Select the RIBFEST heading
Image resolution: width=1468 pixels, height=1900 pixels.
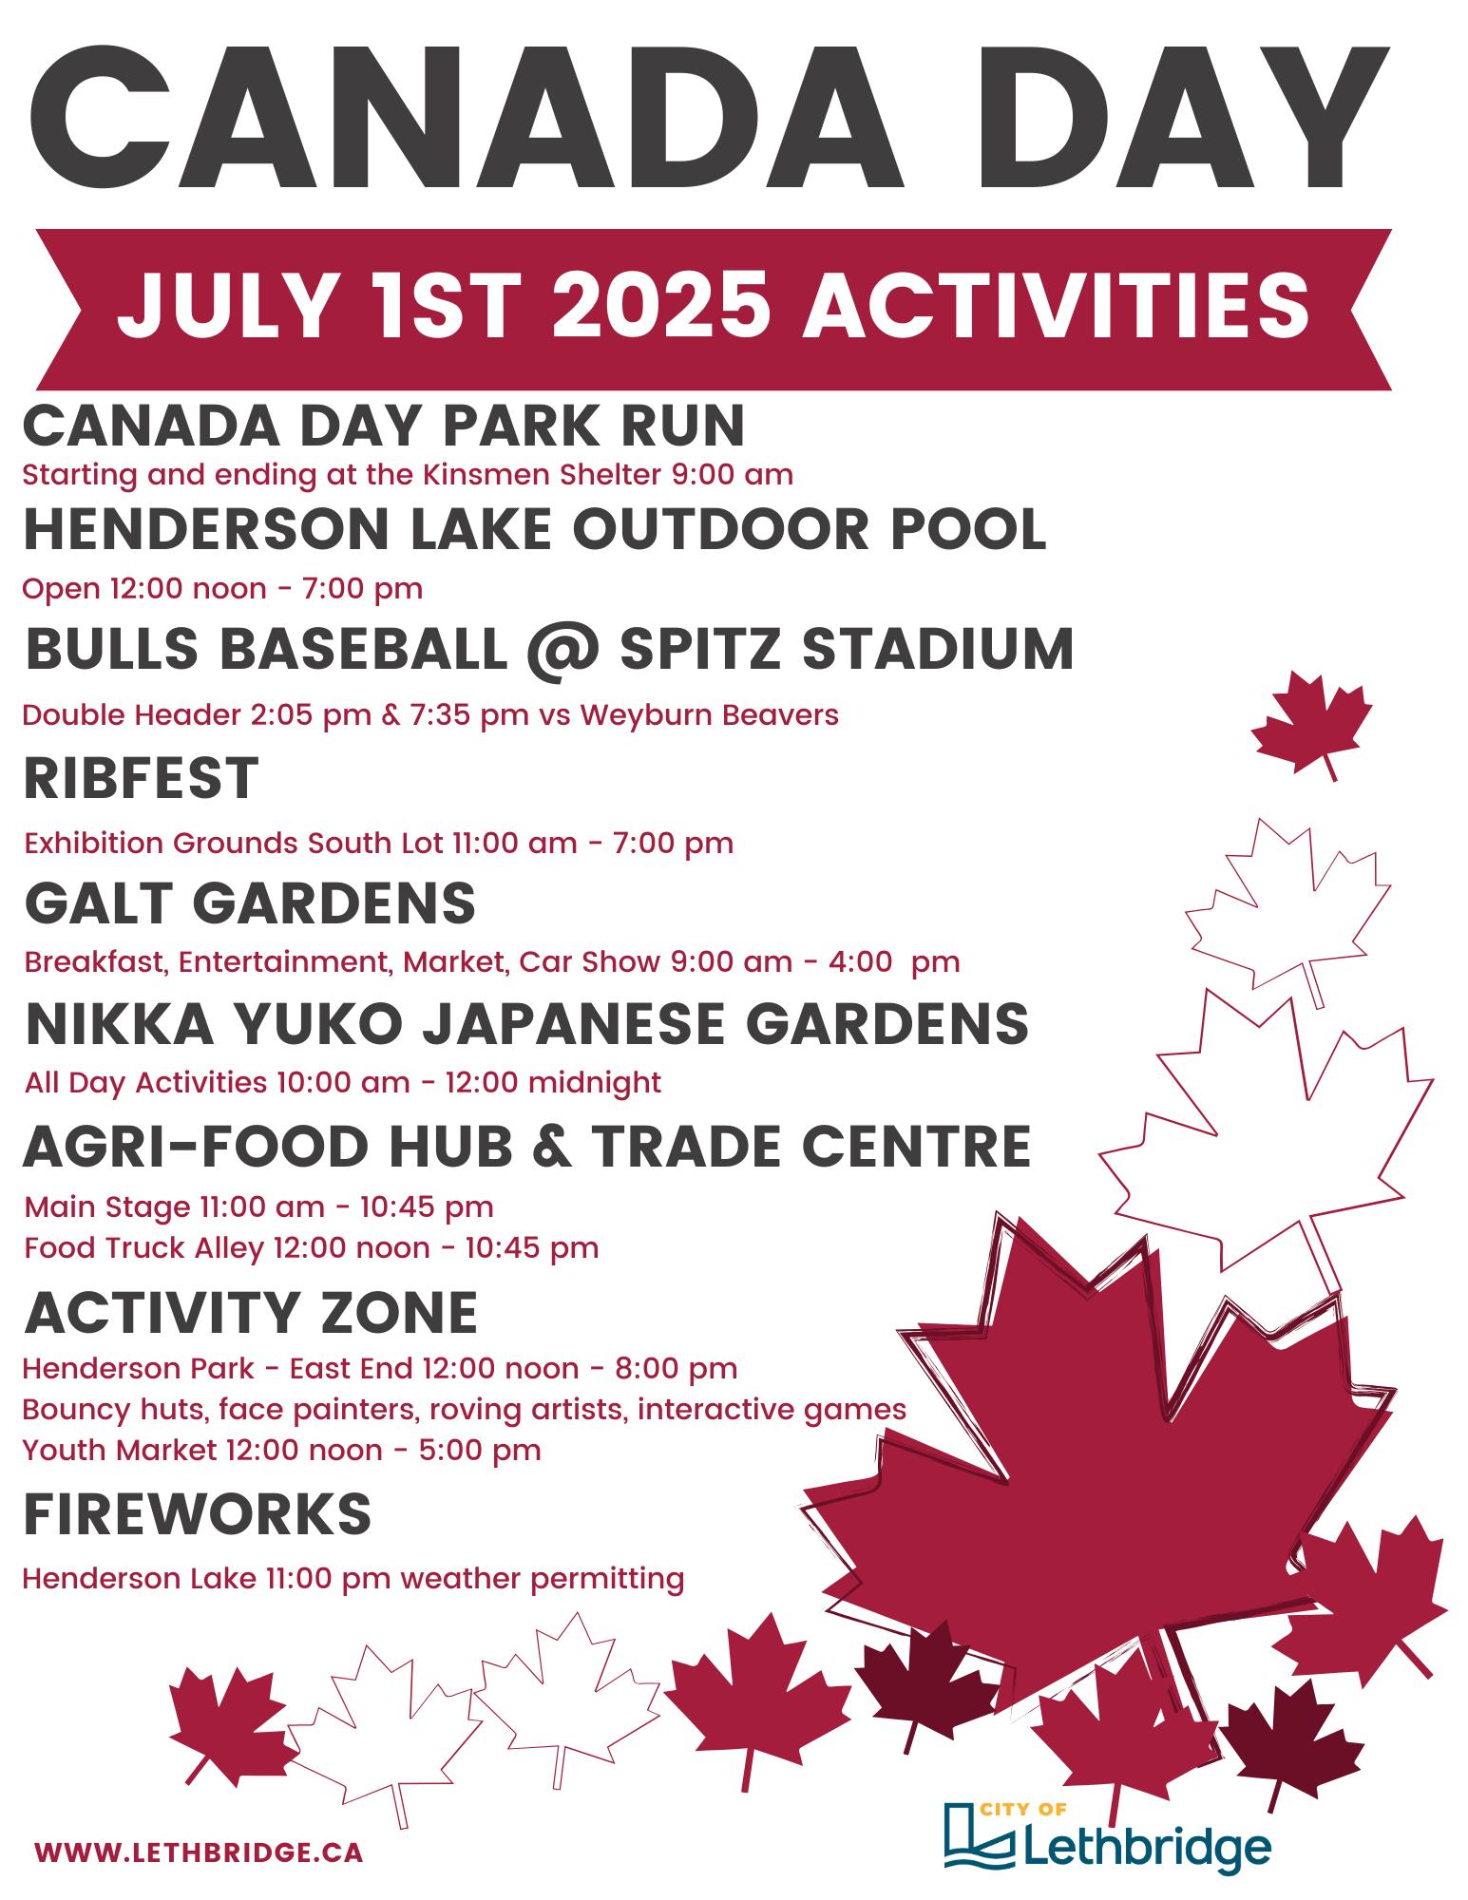(x=141, y=778)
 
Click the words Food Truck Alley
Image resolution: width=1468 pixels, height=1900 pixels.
(x=143, y=1247)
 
